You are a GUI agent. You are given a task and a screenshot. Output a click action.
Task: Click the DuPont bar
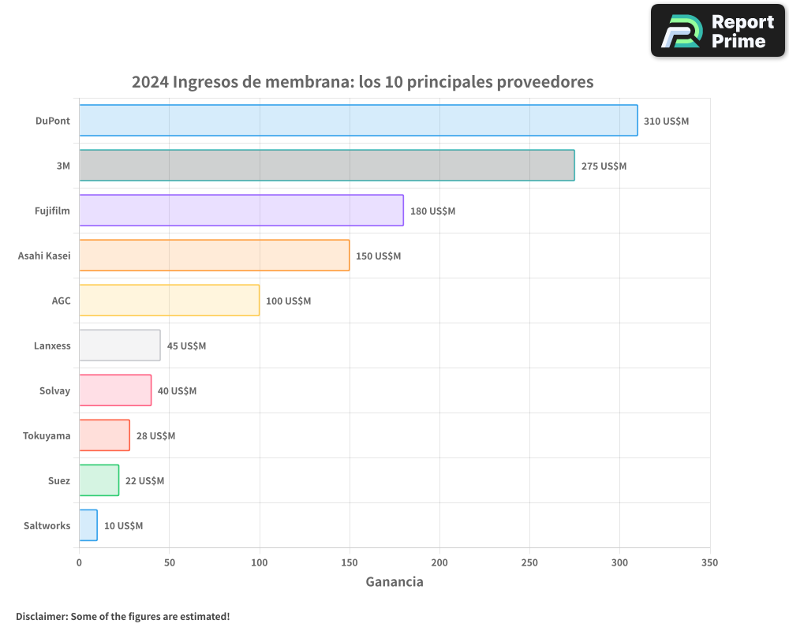[358, 121]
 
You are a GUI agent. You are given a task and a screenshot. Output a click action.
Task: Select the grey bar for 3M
[327, 166]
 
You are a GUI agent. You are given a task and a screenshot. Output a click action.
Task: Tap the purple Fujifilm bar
[241, 211]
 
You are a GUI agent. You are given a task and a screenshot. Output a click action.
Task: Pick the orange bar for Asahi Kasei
[214, 256]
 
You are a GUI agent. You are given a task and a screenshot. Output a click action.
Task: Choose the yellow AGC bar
[169, 301]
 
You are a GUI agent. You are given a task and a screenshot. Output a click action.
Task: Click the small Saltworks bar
[88, 525]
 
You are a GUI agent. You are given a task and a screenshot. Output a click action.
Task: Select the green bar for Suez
[99, 480]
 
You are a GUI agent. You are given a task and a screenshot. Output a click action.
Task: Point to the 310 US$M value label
[666, 121]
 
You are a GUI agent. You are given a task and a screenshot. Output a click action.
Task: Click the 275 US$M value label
[604, 166]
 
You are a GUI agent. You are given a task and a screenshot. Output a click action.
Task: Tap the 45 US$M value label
[186, 346]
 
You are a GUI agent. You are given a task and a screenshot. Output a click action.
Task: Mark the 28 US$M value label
[155, 436]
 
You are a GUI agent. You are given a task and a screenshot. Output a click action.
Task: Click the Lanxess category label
[52, 345]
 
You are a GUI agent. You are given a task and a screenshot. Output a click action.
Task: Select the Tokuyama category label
[47, 435]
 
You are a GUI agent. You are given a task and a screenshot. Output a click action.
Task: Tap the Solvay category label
[54, 390]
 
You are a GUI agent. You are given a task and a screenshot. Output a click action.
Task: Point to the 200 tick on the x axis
[439, 562]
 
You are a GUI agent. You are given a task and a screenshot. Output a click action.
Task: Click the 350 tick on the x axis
[709, 562]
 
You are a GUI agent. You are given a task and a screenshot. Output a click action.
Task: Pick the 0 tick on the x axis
[79, 562]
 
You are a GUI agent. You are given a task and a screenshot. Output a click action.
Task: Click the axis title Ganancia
[394, 582]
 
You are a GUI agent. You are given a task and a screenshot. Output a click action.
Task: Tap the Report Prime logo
[718, 31]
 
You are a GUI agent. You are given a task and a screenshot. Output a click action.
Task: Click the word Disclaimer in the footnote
[41, 616]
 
